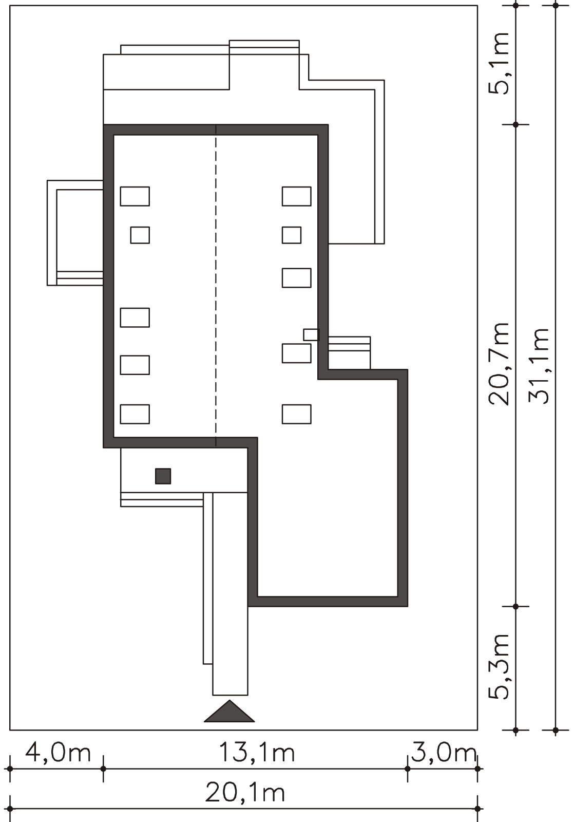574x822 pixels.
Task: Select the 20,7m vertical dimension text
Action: pos(500,364)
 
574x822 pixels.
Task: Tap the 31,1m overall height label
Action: pos(539,366)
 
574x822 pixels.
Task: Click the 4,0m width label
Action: pos(58,752)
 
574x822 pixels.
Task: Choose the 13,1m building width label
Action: pos(257,752)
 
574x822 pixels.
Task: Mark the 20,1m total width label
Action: pos(245,793)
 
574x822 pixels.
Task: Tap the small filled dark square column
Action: pos(163,476)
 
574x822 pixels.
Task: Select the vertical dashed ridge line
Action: pos(216,286)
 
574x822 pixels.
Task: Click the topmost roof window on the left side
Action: pos(135,196)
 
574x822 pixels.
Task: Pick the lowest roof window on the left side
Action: pos(135,414)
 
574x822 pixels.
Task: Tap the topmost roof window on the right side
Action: pos(297,196)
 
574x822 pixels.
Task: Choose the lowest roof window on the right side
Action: pos(297,414)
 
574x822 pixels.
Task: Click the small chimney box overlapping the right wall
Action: pos(312,334)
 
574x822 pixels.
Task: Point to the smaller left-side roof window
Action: pos(140,235)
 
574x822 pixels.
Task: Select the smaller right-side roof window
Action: pos(292,235)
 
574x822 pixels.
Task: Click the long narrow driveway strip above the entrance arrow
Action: pos(230,593)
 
